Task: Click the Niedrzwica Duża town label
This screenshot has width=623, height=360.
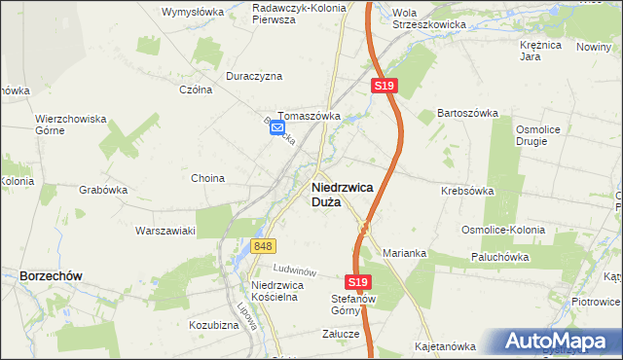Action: [x=340, y=196]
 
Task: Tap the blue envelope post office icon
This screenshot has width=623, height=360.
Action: [x=277, y=127]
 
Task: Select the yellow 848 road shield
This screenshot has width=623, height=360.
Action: [x=262, y=247]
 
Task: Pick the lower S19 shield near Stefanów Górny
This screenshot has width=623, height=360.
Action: [x=359, y=282]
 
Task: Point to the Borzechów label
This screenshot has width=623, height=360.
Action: [x=51, y=276]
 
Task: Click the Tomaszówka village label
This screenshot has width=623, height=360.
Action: [x=309, y=116]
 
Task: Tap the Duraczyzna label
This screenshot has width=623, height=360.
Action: [x=253, y=75]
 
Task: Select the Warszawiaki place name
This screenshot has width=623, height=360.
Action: [x=165, y=231]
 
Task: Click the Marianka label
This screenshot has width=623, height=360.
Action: [x=406, y=253]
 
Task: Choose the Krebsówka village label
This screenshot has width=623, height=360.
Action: [x=467, y=192]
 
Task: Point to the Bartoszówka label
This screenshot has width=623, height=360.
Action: [x=467, y=114]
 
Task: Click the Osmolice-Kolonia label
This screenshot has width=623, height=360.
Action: [x=503, y=230]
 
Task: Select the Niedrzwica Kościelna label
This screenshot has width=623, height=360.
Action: [x=279, y=291]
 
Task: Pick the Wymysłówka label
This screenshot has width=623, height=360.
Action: [x=192, y=13]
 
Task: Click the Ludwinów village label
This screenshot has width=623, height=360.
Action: [x=297, y=269]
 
